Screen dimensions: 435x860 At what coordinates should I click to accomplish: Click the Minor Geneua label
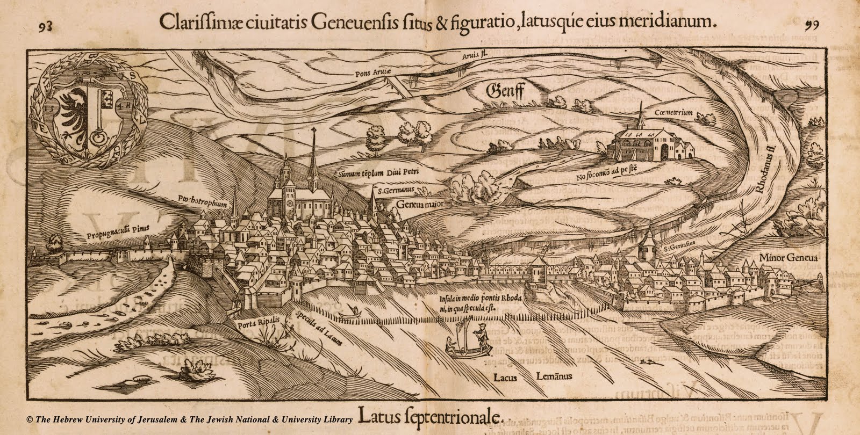pos(788,259)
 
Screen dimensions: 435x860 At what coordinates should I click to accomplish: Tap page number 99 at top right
pos(812,24)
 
